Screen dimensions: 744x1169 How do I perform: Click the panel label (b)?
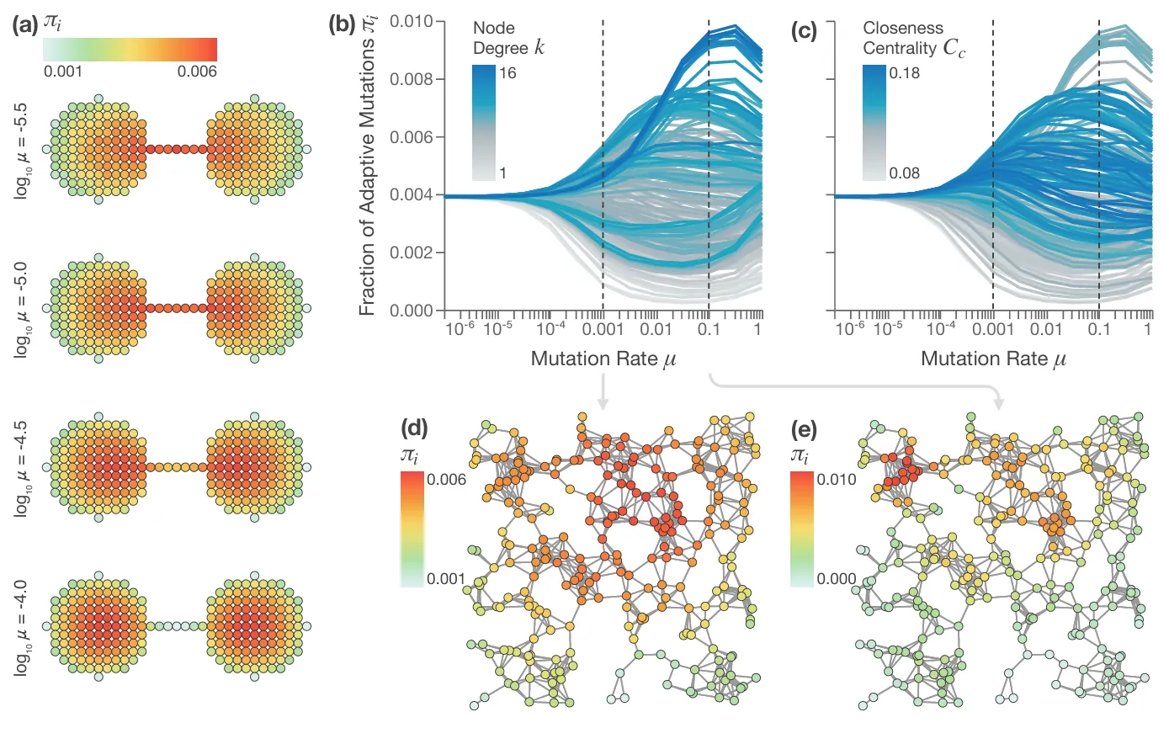pyautogui.click(x=342, y=24)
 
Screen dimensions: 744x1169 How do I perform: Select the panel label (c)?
pyautogui.click(x=804, y=31)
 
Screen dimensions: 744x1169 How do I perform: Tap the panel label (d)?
pyautogui.click(x=414, y=428)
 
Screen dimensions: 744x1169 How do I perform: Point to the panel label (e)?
pyautogui.click(x=805, y=430)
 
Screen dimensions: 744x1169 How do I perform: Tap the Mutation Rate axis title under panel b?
pyautogui.click(x=603, y=359)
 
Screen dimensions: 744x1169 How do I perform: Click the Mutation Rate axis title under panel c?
pyautogui.click(x=993, y=359)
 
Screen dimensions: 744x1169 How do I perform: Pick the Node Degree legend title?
pyautogui.click(x=508, y=39)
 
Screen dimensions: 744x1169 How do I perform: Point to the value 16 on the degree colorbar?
pyautogui.click(x=507, y=73)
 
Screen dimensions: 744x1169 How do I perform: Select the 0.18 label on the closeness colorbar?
pyautogui.click(x=905, y=73)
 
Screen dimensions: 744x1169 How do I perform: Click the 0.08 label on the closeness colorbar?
pyautogui.click(x=905, y=173)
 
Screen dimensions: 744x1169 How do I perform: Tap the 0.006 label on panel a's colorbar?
pyautogui.click(x=197, y=72)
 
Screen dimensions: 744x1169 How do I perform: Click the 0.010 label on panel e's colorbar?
pyautogui.click(x=837, y=480)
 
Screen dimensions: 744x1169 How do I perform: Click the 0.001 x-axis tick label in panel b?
pyautogui.click(x=603, y=329)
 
